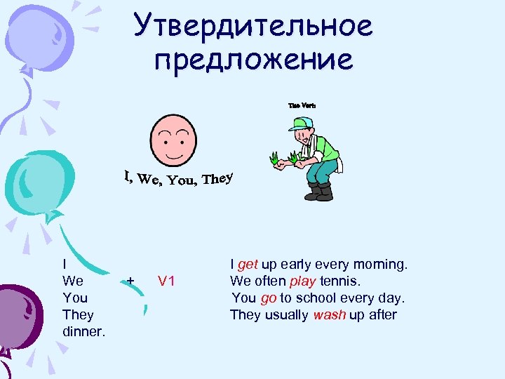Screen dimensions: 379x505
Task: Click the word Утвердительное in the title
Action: (254, 27)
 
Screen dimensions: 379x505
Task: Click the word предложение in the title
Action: (254, 60)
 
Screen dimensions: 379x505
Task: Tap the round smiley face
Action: (173, 139)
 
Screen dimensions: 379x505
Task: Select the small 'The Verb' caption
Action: (302, 105)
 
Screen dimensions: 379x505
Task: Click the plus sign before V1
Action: (130, 281)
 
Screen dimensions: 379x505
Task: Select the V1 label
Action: (166, 281)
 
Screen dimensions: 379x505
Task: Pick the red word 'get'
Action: (248, 265)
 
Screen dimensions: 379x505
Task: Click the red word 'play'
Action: (304, 281)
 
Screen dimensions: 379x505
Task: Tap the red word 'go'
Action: (269, 298)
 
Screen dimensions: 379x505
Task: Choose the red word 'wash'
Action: (330, 315)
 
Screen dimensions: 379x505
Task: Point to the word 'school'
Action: (317, 298)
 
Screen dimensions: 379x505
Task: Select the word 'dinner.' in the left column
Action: (84, 331)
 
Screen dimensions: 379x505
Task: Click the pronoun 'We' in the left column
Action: (73, 281)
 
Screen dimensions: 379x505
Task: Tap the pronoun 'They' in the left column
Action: (78, 314)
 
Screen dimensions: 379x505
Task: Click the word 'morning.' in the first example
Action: (382, 265)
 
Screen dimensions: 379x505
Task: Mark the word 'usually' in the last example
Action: (286, 315)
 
